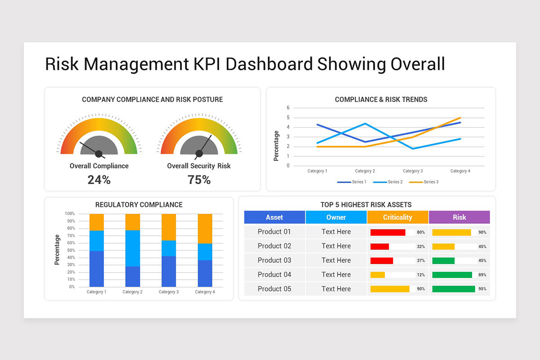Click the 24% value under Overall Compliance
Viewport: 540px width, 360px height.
click(x=99, y=180)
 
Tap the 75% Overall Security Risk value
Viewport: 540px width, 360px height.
click(x=199, y=180)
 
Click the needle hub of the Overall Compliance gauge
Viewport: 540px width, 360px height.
click(x=99, y=153)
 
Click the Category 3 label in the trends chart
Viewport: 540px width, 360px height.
click(x=412, y=171)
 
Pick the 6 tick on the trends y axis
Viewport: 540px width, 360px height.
click(x=288, y=108)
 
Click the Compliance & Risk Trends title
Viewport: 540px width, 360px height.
click(x=381, y=99)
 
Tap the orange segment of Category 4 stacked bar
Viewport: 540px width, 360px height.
click(x=205, y=228)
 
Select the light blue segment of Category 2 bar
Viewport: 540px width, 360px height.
click(x=132, y=248)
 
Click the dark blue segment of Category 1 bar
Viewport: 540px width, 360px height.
click(x=96, y=269)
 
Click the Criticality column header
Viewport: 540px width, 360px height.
click(x=397, y=217)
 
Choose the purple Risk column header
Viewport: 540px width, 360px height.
click(x=459, y=217)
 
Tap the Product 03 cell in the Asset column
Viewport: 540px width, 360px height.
click(x=274, y=260)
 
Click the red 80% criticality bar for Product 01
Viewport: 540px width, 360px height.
click(x=387, y=232)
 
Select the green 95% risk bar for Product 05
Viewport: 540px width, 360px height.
click(x=453, y=289)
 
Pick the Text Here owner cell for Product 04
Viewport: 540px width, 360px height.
click(x=336, y=274)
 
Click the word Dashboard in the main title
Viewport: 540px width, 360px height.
click(x=269, y=64)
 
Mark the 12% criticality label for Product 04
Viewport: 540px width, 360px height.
click(x=421, y=275)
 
